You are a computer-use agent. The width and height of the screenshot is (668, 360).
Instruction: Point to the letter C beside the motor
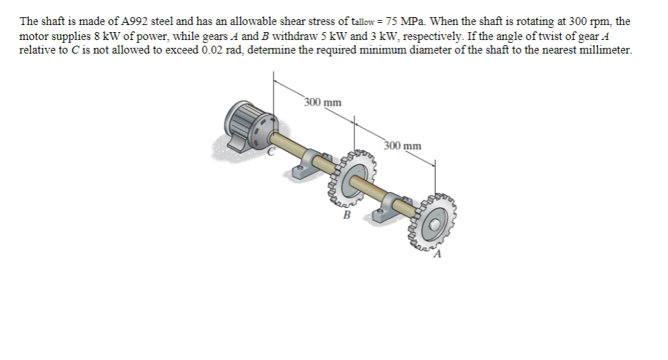(271, 152)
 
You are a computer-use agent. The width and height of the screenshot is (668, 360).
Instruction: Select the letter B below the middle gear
(347, 212)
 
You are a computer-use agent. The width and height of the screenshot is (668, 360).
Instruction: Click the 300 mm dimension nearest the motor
(322, 103)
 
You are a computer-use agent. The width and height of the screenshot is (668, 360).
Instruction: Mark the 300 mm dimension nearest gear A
(402, 146)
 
